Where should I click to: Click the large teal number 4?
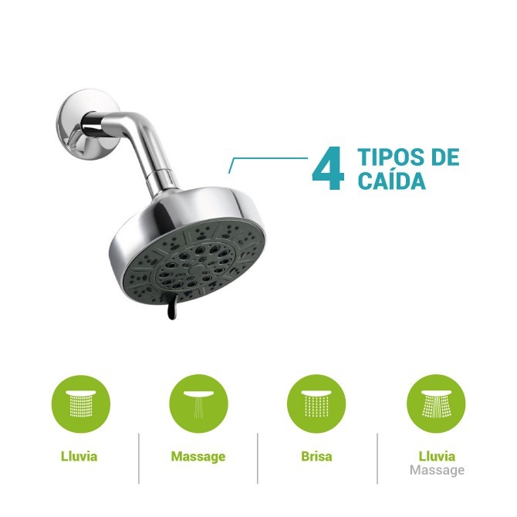click(x=327, y=170)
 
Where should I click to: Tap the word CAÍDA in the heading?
click(x=392, y=182)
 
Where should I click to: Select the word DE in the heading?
click(x=444, y=157)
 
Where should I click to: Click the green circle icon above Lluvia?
click(x=81, y=403)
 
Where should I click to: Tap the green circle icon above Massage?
click(x=198, y=403)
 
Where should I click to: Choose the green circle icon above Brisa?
click(x=316, y=403)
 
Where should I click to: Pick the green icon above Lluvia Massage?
click(x=436, y=403)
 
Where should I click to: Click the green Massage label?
click(x=198, y=456)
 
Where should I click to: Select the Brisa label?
click(x=316, y=456)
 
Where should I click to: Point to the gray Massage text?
click(x=437, y=470)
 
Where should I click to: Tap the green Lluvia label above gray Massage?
click(x=437, y=456)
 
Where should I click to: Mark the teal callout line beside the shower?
click(x=270, y=159)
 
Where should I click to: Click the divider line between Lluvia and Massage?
click(x=139, y=458)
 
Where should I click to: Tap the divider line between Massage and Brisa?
click(x=257, y=458)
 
